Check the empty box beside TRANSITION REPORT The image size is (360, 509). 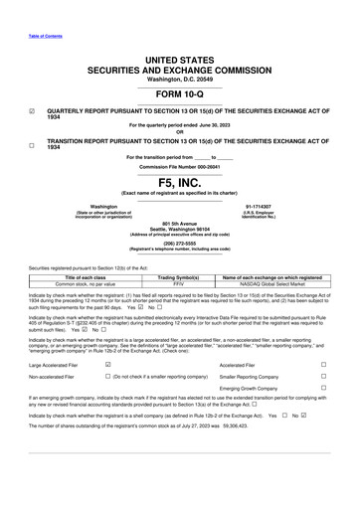(32, 144)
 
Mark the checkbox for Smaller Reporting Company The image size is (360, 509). (323, 378)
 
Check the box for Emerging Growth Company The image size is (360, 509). (323, 392)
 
